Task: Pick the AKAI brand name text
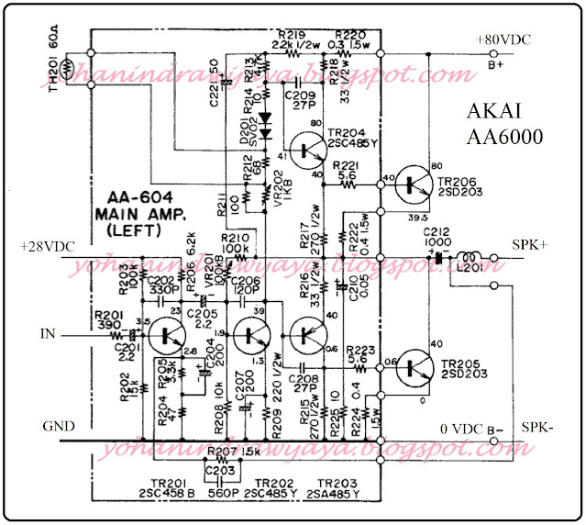click(x=503, y=113)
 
